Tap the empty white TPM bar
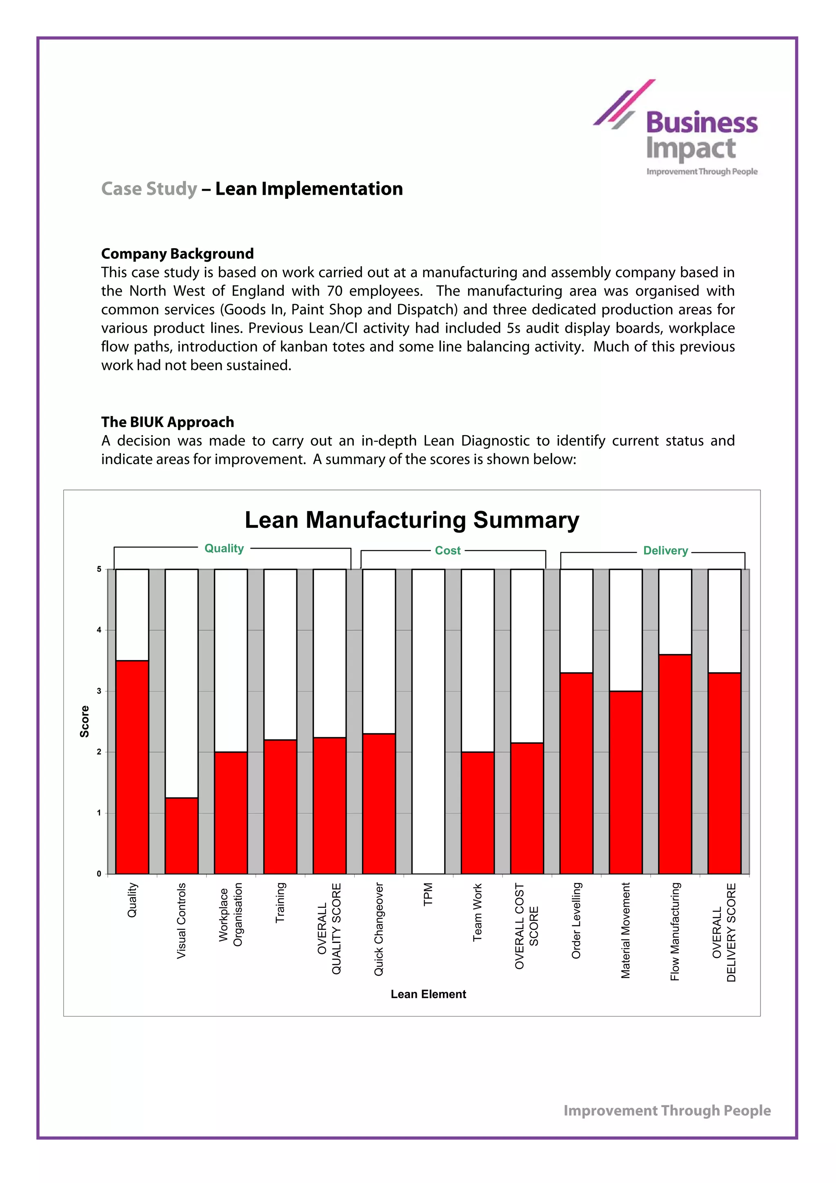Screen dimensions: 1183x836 coord(428,721)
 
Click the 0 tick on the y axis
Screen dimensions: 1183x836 coord(99,874)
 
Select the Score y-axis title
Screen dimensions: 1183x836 coord(84,721)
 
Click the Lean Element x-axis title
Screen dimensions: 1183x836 coord(428,994)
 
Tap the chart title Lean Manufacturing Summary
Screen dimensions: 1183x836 coord(411,520)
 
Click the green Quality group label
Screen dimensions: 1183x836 coord(224,548)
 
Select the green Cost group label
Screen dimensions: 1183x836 coord(448,550)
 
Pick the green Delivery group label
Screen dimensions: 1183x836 coord(665,550)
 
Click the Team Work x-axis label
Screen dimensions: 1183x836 coord(478,912)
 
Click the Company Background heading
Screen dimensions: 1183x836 coord(177,253)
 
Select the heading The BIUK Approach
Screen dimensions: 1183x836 coord(167,422)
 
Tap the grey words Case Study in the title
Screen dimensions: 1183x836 coord(149,189)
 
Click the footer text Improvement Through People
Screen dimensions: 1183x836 coord(667,1110)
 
